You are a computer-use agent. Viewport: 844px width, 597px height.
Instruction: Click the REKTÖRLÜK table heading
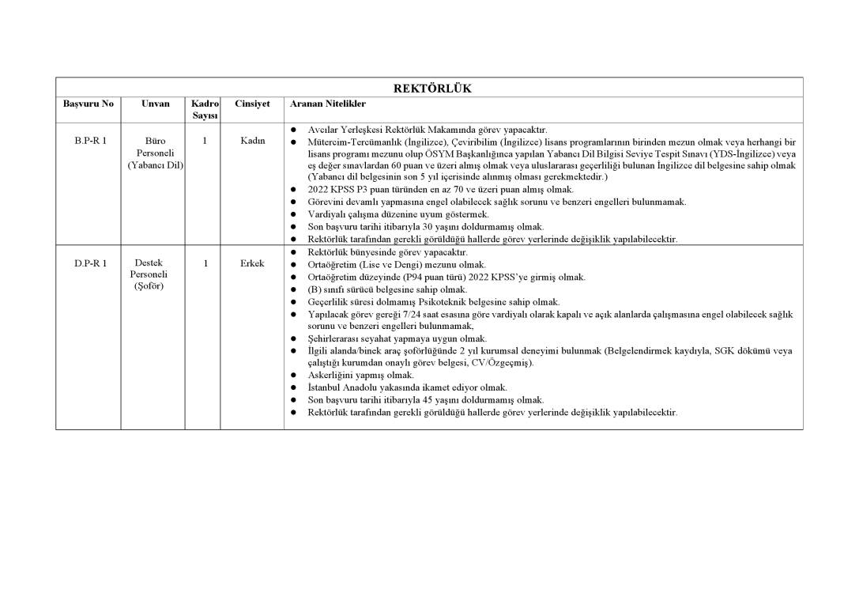tap(432, 88)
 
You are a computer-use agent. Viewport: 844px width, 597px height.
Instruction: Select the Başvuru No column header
tap(89, 104)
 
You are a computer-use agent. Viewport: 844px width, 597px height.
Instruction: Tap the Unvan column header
tap(155, 104)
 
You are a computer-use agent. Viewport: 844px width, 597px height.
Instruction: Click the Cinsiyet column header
tap(252, 104)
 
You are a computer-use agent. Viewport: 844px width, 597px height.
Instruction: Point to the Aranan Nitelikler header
tap(328, 104)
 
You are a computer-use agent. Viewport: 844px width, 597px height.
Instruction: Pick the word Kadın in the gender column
tap(252, 141)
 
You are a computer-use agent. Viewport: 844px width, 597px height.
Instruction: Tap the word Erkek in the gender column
tap(252, 263)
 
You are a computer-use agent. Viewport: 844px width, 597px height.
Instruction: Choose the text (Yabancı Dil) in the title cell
tap(156, 165)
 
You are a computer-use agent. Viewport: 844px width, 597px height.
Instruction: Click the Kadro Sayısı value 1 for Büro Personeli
tap(205, 141)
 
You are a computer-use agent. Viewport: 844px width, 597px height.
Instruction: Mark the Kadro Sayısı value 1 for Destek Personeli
tap(205, 263)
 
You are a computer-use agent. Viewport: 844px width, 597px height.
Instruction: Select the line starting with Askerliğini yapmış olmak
tap(360, 375)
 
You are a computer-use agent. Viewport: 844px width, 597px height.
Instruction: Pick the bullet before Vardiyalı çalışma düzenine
tap(292, 214)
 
